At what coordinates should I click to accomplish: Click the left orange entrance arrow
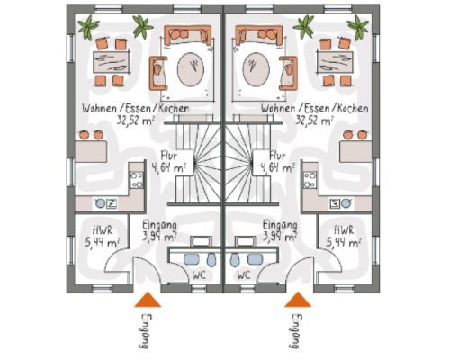click(148, 301)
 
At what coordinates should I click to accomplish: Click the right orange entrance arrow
click(298, 301)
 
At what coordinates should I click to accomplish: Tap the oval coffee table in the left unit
click(191, 69)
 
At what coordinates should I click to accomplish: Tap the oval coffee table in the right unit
click(256, 69)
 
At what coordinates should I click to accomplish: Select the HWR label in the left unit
click(103, 230)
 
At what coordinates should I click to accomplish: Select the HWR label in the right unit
click(344, 230)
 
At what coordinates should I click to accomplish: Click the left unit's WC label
click(199, 275)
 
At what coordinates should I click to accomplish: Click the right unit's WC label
click(244, 275)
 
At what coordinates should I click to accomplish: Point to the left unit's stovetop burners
click(137, 180)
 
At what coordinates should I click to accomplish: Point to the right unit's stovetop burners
click(310, 180)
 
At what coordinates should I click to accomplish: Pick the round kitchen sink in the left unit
click(100, 203)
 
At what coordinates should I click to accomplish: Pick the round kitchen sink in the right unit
click(346, 203)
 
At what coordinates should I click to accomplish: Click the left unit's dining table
click(112, 63)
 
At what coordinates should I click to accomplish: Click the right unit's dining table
click(335, 63)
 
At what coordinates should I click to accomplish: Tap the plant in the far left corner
click(88, 27)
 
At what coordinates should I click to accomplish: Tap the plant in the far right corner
click(358, 27)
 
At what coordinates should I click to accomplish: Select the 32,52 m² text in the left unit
click(135, 121)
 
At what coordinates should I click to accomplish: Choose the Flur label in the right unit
click(277, 156)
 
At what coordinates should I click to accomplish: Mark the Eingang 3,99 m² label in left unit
click(159, 231)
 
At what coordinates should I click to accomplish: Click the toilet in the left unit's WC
click(211, 260)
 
